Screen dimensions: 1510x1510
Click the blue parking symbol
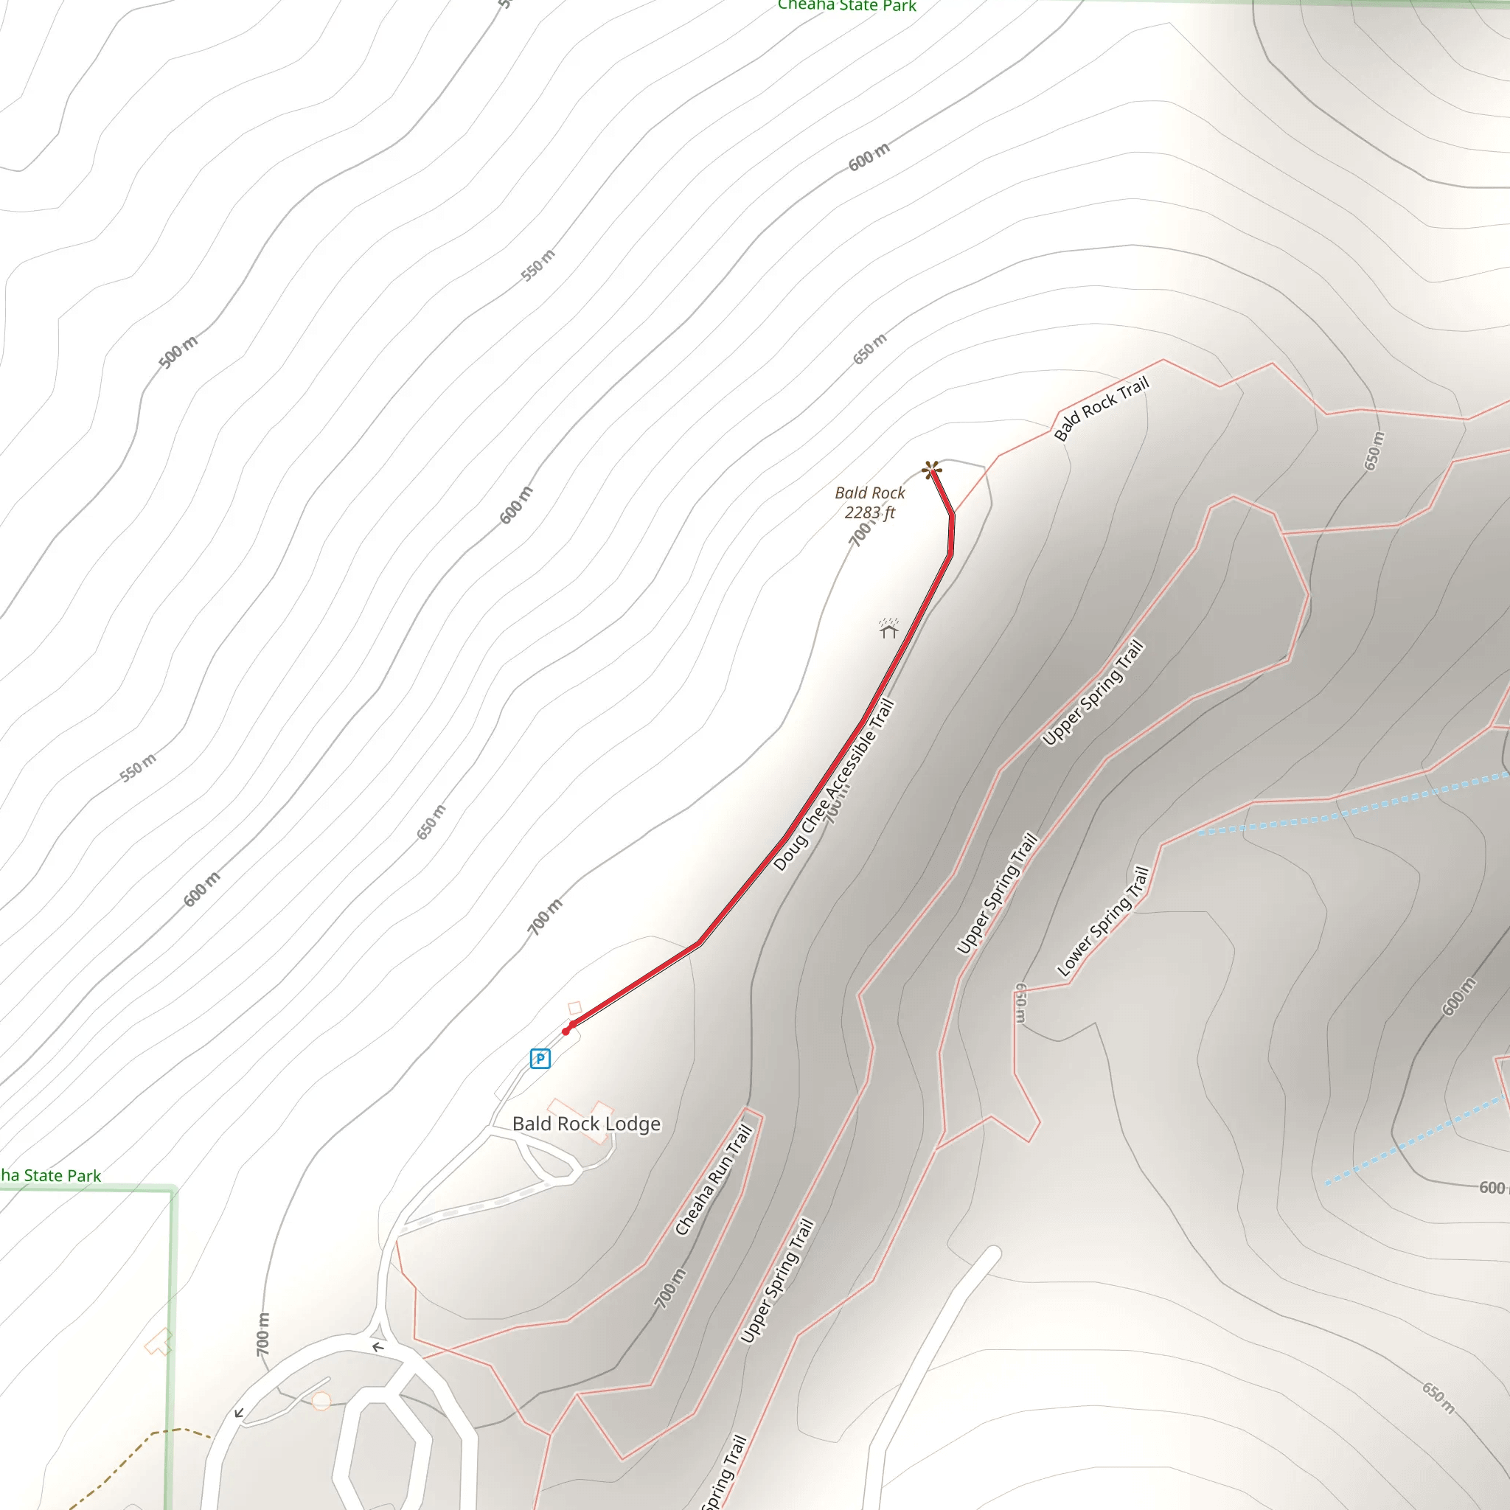coord(540,1059)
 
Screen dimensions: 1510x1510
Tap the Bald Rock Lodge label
coord(586,1124)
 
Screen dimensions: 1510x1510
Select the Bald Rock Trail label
coord(1102,408)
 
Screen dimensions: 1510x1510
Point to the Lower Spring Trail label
coord(1103,922)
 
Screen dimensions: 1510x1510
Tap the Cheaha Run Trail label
coord(714,1180)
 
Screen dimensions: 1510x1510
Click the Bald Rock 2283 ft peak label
coord(869,503)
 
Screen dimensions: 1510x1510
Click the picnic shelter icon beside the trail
coord(888,628)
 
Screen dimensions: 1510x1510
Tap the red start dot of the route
coord(566,1031)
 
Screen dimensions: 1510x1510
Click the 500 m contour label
coord(178,352)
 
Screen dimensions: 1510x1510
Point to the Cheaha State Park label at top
coord(846,6)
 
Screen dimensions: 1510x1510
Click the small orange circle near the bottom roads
coord(321,1402)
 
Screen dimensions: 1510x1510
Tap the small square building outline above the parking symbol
coord(574,1008)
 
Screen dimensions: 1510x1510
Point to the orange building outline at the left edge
coord(159,1342)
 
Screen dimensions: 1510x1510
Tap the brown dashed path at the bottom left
coord(125,1458)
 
